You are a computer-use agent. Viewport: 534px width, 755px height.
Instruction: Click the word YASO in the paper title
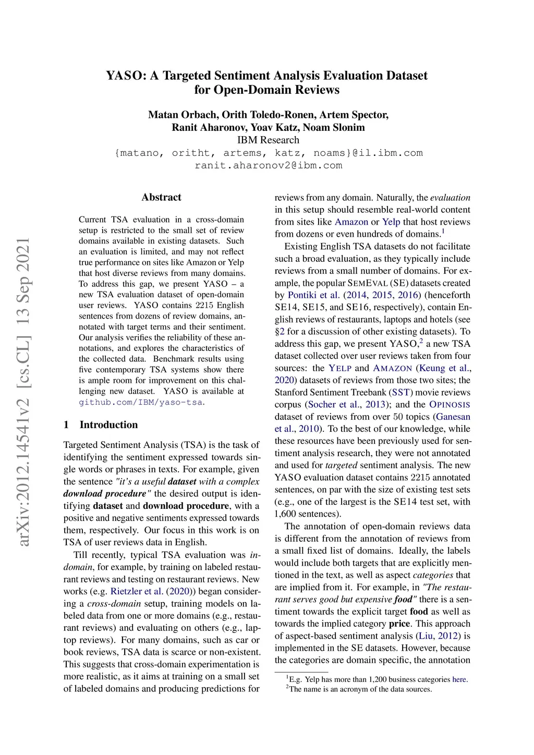[126, 76]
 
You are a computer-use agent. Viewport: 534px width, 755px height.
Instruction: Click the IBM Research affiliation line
[268, 140]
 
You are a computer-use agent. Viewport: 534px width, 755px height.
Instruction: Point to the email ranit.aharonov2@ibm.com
[268, 165]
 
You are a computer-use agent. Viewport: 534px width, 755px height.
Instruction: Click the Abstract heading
[161, 197]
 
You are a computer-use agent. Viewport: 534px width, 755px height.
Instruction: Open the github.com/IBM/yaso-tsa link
[140, 402]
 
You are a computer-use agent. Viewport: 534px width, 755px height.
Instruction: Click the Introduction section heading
[108, 424]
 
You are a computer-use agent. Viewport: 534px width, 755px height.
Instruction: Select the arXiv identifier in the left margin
[23, 391]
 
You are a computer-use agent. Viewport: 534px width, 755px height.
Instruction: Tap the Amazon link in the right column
[351, 222]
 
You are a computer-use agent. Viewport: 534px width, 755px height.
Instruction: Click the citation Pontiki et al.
[313, 295]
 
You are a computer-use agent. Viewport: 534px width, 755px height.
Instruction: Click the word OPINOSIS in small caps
[450, 405]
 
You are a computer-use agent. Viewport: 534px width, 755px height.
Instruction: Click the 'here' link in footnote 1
[459, 679]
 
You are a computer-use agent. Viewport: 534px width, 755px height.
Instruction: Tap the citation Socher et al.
[334, 405]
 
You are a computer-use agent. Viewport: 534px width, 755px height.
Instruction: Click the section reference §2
[280, 332]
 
